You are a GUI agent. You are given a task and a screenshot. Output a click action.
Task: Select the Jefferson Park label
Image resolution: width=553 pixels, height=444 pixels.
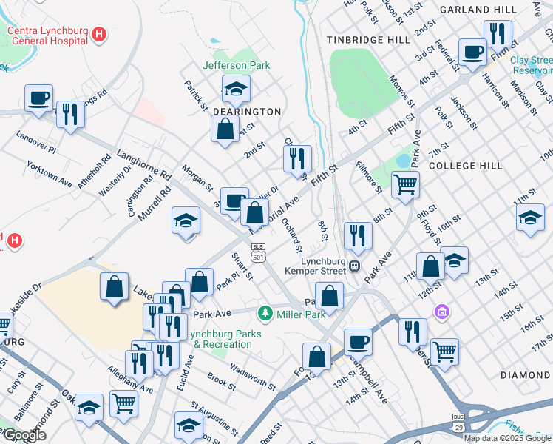point(237,65)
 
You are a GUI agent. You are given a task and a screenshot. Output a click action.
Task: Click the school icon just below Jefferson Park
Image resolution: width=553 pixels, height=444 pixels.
point(236,90)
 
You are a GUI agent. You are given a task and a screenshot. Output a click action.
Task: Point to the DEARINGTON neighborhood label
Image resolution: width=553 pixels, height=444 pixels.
point(247,112)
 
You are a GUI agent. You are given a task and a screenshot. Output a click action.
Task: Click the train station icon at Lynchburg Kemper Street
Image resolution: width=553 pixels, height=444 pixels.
point(355,266)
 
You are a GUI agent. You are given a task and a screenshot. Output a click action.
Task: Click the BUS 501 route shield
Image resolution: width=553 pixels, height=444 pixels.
point(258,252)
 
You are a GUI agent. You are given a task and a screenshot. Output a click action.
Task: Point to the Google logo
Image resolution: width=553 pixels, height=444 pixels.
point(24,436)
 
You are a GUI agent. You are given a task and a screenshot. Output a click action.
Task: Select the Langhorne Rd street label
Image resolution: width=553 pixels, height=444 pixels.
point(144,166)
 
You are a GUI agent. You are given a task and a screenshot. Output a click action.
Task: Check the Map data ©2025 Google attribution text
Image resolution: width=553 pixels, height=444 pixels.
point(507,438)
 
